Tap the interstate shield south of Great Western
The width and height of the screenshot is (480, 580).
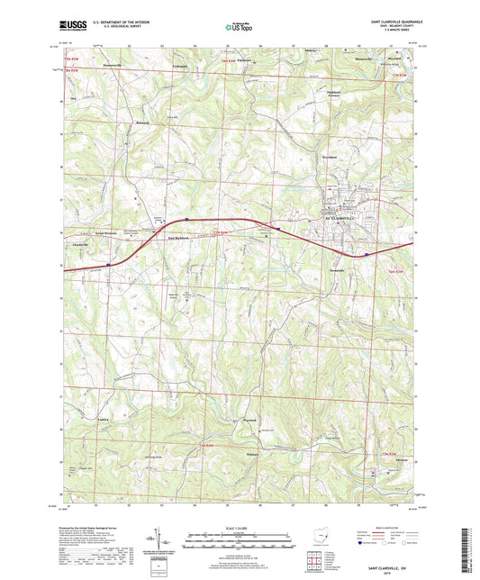[x=107, y=264]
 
